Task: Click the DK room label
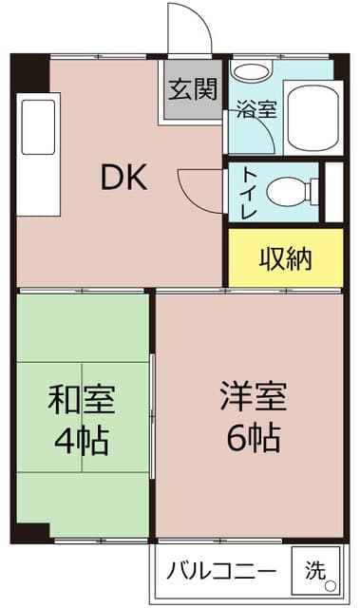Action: click(123, 178)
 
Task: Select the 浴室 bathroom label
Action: click(256, 107)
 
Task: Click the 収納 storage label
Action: click(286, 257)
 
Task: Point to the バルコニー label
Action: click(221, 572)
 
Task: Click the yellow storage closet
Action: click(285, 257)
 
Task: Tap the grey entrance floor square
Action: click(193, 91)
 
